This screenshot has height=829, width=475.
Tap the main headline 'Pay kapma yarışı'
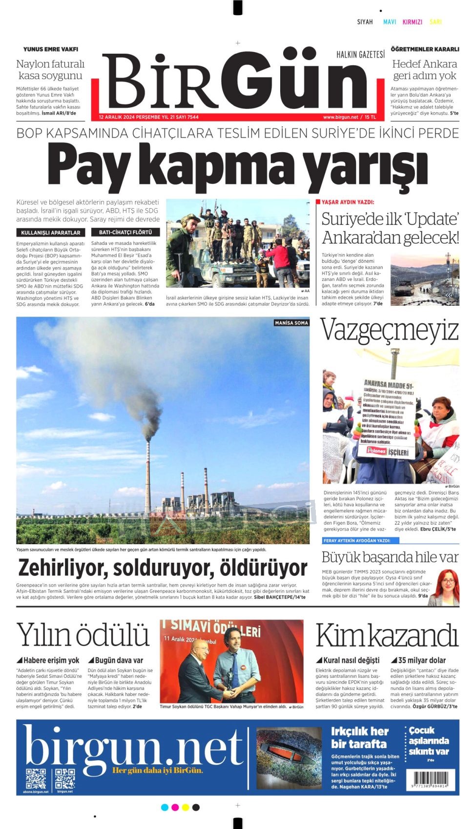click(x=237, y=166)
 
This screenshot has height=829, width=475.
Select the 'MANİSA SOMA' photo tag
click(x=291, y=323)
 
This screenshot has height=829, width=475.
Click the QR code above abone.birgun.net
click(x=36, y=778)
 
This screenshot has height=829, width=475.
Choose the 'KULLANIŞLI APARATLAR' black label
click(x=51, y=233)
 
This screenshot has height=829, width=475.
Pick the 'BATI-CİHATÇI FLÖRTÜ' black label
click(x=125, y=233)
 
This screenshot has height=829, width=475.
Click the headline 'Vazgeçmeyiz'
click(x=390, y=330)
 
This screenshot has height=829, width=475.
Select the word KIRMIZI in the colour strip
click(x=412, y=22)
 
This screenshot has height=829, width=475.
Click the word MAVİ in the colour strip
click(x=390, y=22)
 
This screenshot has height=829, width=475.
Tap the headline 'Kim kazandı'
click(x=387, y=636)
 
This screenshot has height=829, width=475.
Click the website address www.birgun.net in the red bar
click(x=340, y=117)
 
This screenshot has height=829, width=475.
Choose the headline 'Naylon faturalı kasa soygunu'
click(x=50, y=70)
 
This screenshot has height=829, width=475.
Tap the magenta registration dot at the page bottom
click(x=175, y=807)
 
